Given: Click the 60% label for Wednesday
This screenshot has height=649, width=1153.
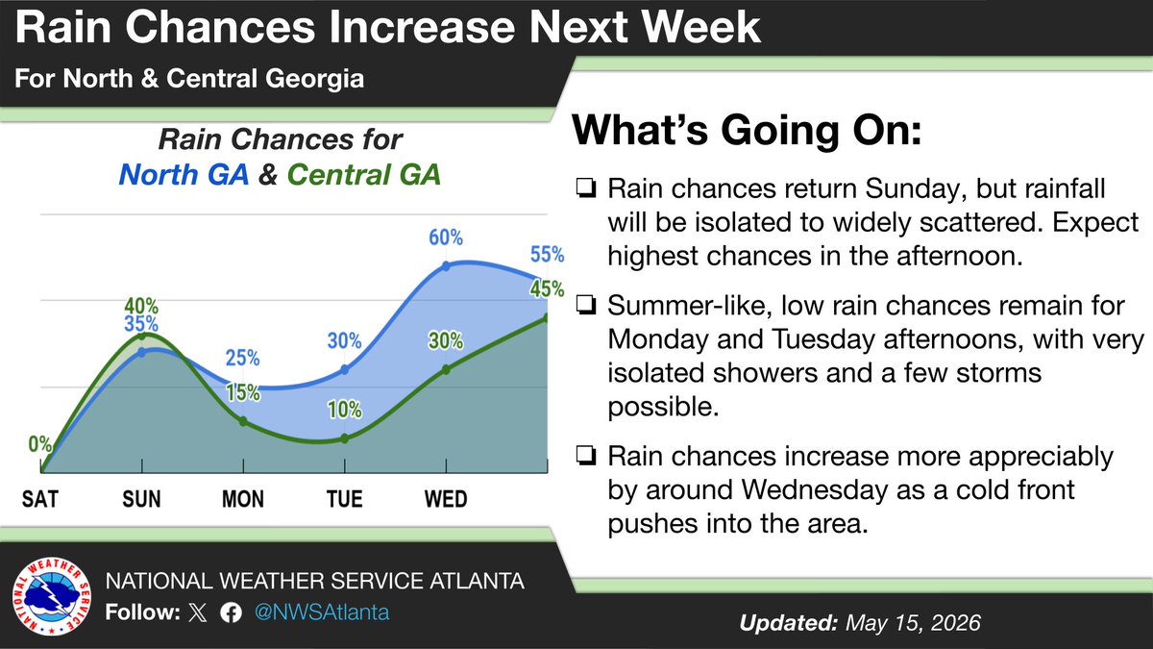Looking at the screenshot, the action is (x=446, y=237).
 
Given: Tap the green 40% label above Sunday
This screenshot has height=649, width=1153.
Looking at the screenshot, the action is (x=141, y=306).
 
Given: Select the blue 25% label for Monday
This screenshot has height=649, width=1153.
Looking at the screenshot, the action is (x=242, y=358).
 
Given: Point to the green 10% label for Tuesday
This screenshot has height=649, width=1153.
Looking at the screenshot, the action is (x=345, y=410).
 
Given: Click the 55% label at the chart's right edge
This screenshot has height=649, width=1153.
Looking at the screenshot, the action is (x=547, y=255).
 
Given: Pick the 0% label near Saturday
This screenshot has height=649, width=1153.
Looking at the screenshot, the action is (x=39, y=444).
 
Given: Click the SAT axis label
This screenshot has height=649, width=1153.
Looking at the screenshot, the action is (x=40, y=499).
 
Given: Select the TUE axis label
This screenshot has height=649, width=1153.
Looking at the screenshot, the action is (x=344, y=499).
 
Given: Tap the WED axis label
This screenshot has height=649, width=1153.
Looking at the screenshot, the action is (x=446, y=499).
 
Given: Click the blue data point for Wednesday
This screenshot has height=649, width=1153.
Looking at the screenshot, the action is (x=446, y=266).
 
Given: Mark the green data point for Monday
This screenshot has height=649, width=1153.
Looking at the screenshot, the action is (x=243, y=421).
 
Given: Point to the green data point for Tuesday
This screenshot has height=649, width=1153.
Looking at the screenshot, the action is (x=345, y=438).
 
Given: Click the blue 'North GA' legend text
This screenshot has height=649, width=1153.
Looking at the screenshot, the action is (x=184, y=174).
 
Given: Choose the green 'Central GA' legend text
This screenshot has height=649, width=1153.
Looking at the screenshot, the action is (x=364, y=174).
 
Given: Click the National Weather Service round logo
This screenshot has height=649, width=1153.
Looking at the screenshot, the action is (x=52, y=596).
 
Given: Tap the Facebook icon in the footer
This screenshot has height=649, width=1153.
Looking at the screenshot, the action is (x=232, y=613).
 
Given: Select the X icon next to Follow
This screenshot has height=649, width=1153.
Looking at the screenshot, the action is (x=198, y=613).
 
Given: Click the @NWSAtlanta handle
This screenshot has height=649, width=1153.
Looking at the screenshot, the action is (x=322, y=612).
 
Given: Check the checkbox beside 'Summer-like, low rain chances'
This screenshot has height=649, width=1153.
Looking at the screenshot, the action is (x=586, y=306).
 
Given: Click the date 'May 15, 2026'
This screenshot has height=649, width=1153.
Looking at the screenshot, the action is (x=913, y=623).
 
